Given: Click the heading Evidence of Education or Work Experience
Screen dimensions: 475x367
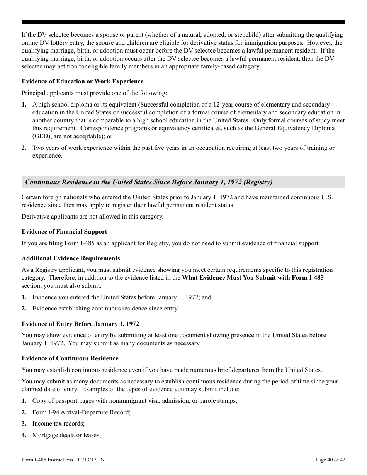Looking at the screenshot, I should coord(82,81).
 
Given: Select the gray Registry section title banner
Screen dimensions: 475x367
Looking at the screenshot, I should coord(183,182).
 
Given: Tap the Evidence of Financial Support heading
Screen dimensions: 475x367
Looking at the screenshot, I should coord(64,232).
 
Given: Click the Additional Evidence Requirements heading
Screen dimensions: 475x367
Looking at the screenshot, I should coord(71,258).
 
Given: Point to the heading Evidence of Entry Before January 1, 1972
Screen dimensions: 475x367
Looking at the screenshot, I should coord(80,324).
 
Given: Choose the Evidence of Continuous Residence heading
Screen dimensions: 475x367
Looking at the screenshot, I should coord(70,358).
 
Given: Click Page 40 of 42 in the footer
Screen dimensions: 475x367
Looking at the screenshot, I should coord(330,460).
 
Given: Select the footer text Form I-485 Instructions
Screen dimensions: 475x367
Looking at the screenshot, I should coord(47,460).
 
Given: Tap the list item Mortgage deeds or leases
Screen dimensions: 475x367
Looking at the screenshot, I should coord(66,435).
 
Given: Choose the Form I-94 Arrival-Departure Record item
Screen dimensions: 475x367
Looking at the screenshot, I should coord(82,412).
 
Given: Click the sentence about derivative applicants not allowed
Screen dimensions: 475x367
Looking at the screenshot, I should coord(92,217).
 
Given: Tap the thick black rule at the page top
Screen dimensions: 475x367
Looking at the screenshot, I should coord(183,22).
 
